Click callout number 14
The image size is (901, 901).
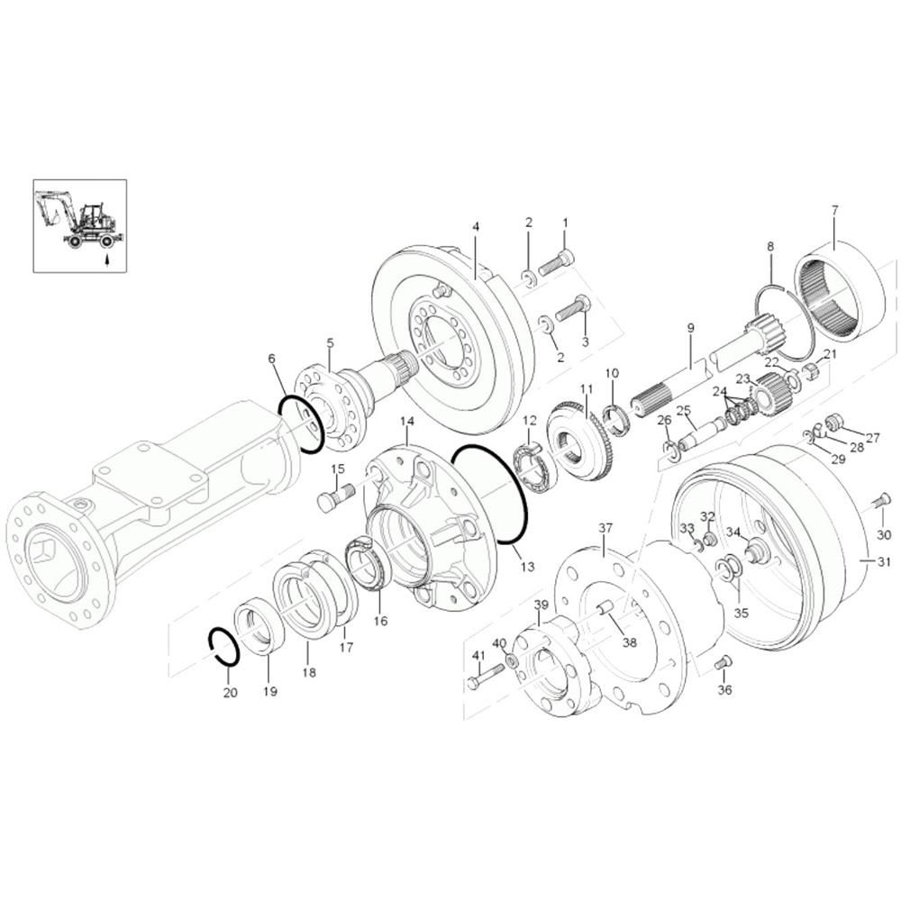coord(407,422)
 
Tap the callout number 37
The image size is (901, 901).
coord(605,527)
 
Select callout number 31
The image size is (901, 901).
coord(884,561)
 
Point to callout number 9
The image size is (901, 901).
coord(691,328)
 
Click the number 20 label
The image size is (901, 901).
coord(230,692)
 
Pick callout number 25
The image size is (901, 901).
coord(683,410)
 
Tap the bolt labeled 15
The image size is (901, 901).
coord(336,497)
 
